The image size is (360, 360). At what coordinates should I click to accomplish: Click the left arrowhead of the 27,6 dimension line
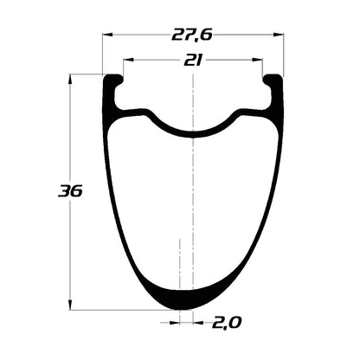click(x=107, y=35)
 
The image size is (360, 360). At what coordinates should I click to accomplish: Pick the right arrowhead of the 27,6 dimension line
click(x=279, y=35)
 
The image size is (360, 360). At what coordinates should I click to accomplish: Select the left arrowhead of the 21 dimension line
click(x=127, y=61)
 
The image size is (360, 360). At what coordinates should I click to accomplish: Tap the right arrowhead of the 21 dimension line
click(x=258, y=61)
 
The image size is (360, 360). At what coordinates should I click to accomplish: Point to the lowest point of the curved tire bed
click(x=192, y=134)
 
